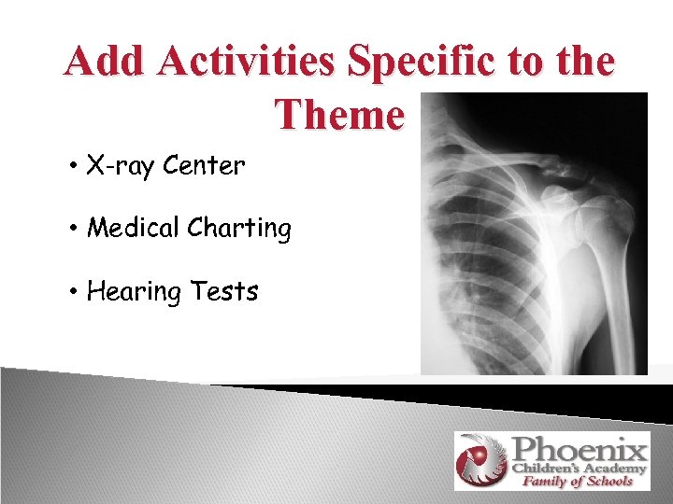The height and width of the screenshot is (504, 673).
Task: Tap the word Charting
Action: (x=243, y=229)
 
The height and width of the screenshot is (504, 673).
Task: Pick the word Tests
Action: (x=223, y=291)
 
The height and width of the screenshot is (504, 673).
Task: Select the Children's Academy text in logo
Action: (x=579, y=468)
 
